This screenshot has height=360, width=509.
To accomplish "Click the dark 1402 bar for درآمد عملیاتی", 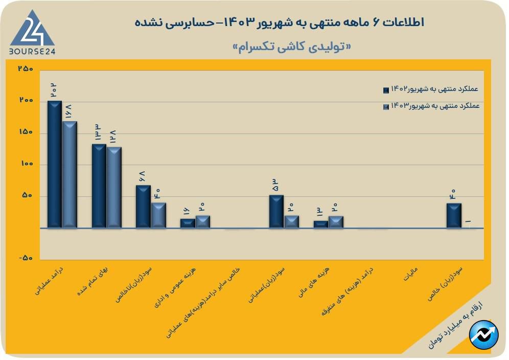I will (x=55, y=164).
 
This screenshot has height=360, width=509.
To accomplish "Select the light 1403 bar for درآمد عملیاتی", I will (x=70, y=174).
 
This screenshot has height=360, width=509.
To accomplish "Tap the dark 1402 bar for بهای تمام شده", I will (x=99, y=186).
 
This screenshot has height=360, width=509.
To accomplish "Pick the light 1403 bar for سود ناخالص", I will (x=158, y=215).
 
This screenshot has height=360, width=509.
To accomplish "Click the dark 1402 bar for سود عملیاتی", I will (x=276, y=211).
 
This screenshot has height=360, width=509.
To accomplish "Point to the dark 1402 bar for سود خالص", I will (x=454, y=215).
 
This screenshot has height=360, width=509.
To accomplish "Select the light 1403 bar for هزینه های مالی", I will (x=336, y=221).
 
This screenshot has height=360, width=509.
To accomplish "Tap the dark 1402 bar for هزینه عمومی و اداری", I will (x=188, y=223).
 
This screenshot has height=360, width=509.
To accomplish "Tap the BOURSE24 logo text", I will (x=32, y=51).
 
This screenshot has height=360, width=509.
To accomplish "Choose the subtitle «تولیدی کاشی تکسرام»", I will (x=292, y=46).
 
